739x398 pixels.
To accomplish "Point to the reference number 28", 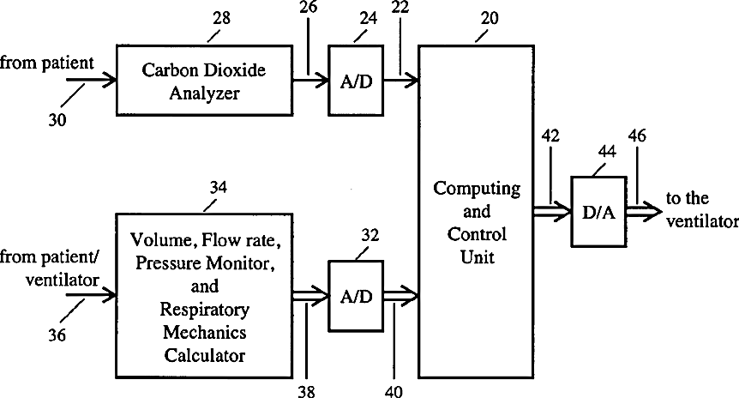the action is pos(221,18).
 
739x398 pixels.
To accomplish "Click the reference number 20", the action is pos(490,18).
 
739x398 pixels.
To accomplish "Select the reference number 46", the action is pos(637,136).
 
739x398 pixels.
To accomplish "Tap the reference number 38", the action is pos(306,391).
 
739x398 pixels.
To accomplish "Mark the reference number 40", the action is pos(394,391).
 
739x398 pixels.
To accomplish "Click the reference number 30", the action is pos(57,120).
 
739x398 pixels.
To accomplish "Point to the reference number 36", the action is pos(57,335).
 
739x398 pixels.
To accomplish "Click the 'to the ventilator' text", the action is pos(702,209).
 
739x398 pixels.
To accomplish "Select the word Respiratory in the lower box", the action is pos(205,310).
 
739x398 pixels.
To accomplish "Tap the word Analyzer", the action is pos(205,93).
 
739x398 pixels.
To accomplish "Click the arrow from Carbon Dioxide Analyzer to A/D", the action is pos(310,81).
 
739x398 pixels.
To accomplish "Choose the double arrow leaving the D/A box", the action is pos(645,212).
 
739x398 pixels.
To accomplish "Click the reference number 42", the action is pos(550,136).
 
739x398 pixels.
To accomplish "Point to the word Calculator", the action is pos(205,355).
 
